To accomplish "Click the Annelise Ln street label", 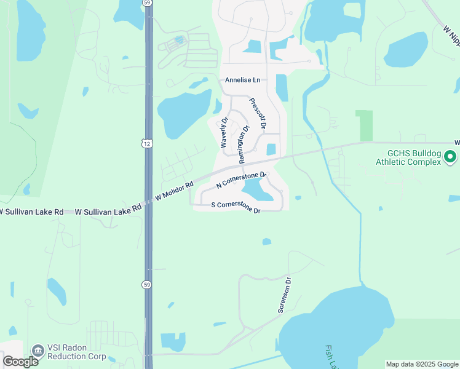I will pyautogui.click(x=242, y=80).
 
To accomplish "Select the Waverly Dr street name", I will pyautogui.click(x=224, y=132).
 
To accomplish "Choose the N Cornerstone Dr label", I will pyautogui.click(x=241, y=181).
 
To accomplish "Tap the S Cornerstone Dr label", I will pyautogui.click(x=236, y=207).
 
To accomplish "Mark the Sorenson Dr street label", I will pyautogui.click(x=284, y=295).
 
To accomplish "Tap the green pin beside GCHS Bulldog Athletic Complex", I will pyautogui.click(x=451, y=157).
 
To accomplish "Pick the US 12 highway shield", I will pyautogui.click(x=146, y=143).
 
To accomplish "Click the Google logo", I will pyautogui.click(x=20, y=362).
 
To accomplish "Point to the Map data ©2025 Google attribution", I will pyautogui.click(x=421, y=364).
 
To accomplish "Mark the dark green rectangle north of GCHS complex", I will pyautogui.click(x=364, y=125).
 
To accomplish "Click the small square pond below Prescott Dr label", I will pyautogui.click(x=271, y=149).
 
